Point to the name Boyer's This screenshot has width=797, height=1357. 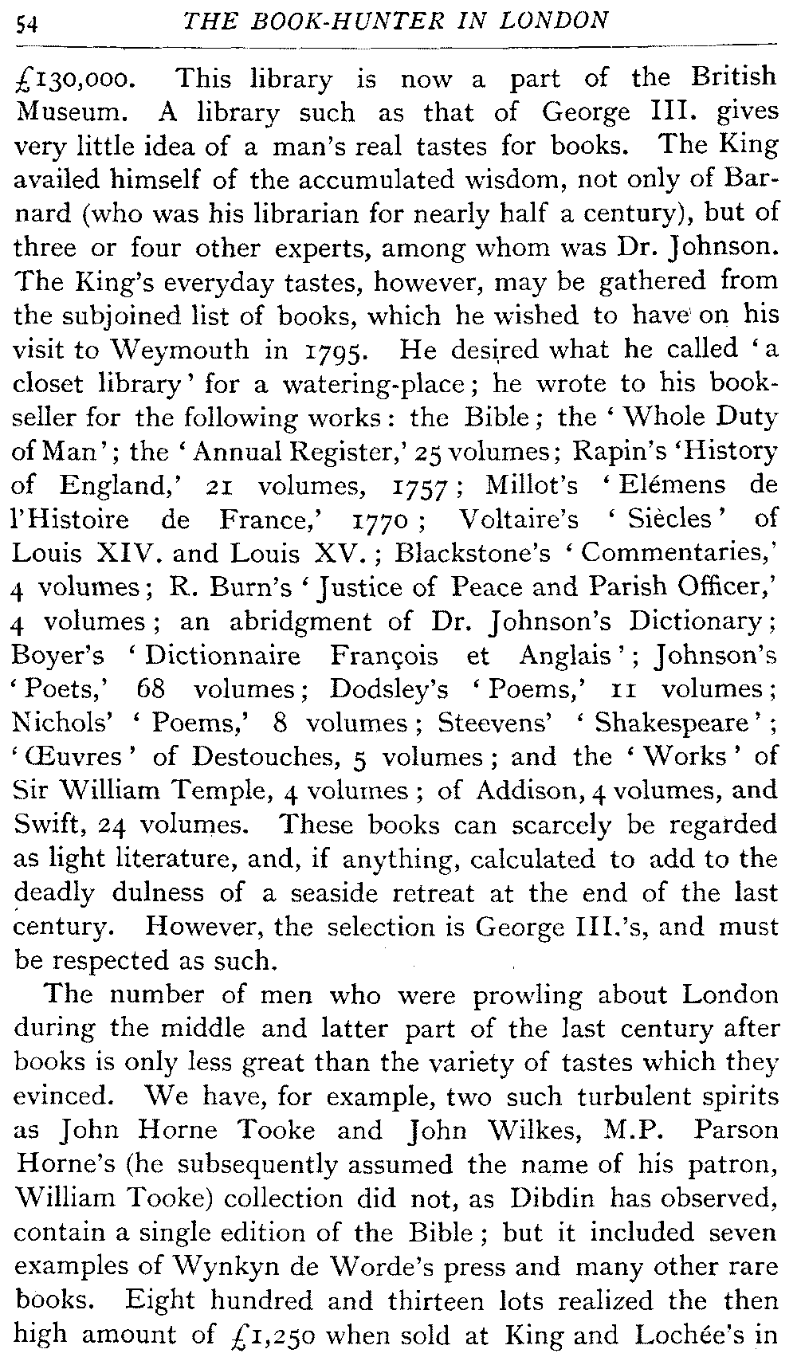(59, 655)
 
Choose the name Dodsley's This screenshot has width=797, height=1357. (390, 688)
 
